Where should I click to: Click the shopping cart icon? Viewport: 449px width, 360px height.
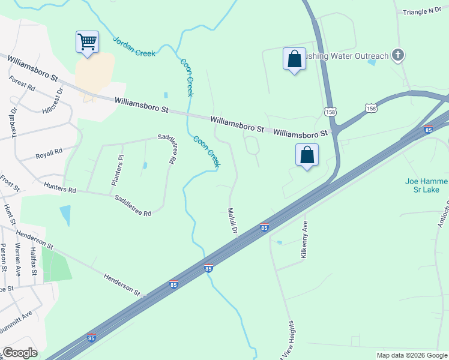87,42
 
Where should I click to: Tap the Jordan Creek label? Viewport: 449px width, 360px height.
134,45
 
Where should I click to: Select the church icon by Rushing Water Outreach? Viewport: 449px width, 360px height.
397,56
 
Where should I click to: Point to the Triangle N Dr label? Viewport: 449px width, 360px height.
423,11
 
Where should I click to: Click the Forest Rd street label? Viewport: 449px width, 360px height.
22,83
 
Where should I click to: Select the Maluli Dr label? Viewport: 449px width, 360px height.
232,221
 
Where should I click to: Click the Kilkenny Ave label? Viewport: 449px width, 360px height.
304,247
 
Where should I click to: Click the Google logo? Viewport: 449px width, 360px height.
20,353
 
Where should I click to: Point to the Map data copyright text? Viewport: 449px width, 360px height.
411,355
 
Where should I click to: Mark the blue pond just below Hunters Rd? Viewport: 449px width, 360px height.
65,214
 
